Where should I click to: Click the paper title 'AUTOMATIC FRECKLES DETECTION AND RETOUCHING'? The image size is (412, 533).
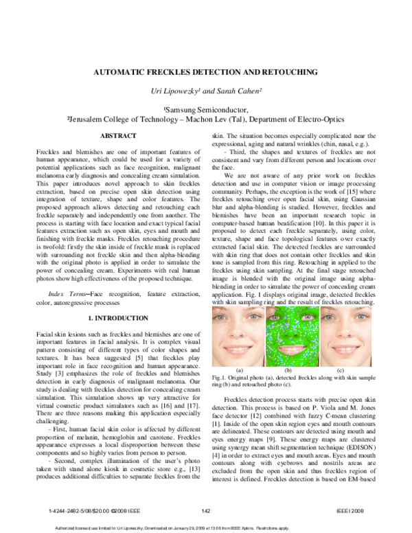tap(206, 71)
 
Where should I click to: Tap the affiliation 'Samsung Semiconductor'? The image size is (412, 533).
tap(206, 109)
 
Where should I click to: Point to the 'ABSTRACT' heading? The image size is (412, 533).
tap(118, 136)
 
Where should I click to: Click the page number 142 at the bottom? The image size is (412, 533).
tap(206, 511)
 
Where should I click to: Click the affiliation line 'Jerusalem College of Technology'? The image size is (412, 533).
tap(206, 119)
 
